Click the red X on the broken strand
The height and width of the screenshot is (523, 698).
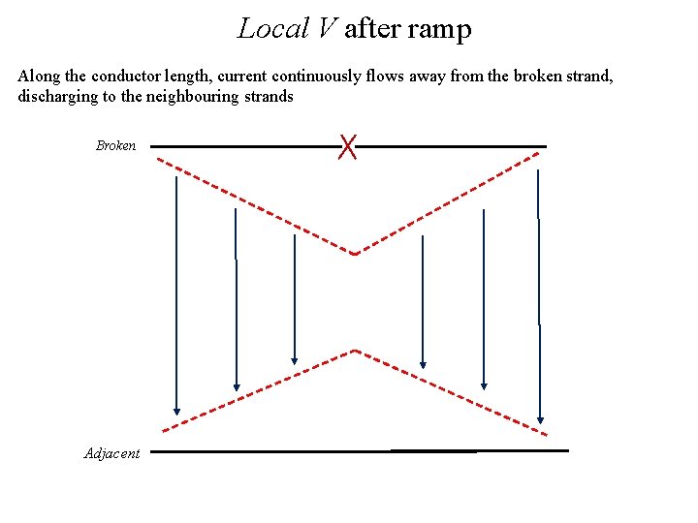click(348, 147)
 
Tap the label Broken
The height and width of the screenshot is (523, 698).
click(115, 146)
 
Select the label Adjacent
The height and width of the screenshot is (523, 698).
click(111, 453)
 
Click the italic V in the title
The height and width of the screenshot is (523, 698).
click(325, 29)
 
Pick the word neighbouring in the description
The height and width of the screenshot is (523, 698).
click(187, 96)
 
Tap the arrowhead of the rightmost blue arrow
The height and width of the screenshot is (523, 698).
click(540, 419)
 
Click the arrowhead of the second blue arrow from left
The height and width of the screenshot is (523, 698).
click(237, 386)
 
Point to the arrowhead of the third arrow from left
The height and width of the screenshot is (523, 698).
click(295, 363)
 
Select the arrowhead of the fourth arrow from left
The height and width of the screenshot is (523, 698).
click(423, 364)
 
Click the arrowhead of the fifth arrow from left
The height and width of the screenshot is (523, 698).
click(484, 385)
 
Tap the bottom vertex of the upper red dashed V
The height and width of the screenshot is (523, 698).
click(355, 254)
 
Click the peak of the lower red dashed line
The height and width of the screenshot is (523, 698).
click(356, 350)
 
